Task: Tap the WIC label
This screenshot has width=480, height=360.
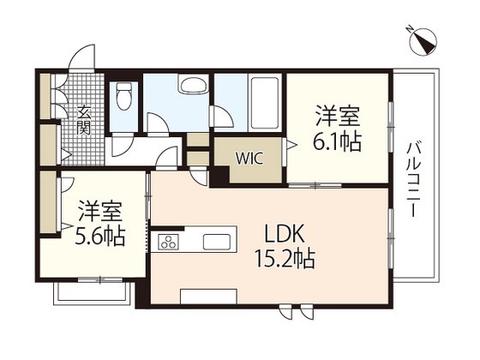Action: (249, 159)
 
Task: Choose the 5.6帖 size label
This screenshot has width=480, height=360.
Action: (100, 234)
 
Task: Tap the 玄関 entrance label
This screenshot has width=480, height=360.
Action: (84, 119)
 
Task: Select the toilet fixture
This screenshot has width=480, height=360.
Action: (124, 94)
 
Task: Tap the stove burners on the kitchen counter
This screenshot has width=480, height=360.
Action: (168, 242)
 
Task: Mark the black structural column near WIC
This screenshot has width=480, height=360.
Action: (220, 174)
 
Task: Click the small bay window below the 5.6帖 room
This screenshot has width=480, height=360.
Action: (92, 291)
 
